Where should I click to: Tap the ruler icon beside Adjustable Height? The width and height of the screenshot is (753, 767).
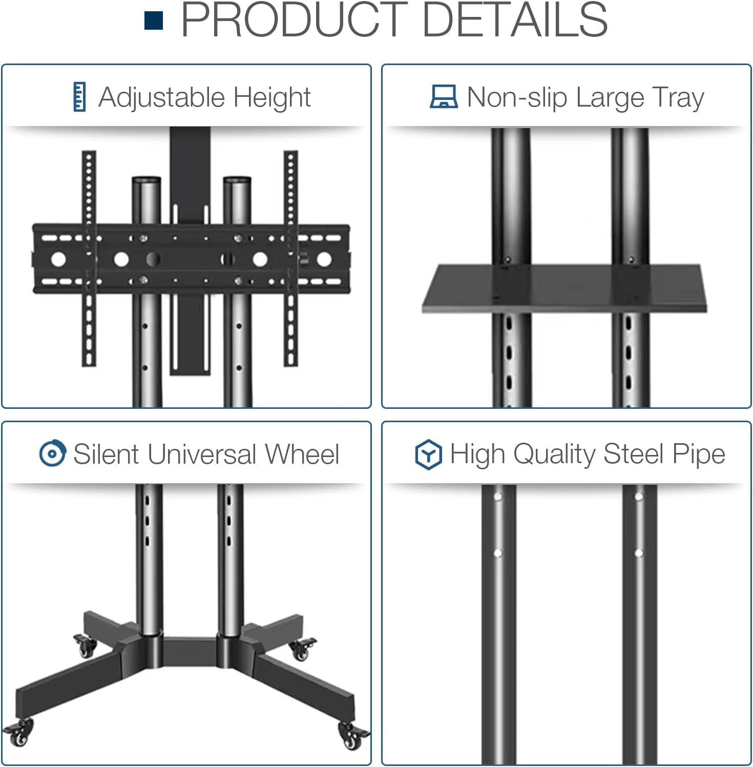click(x=79, y=96)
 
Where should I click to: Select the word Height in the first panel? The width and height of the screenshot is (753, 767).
click(x=272, y=97)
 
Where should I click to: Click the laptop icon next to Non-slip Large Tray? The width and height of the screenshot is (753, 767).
click(x=444, y=96)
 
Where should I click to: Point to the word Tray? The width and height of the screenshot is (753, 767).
click(x=679, y=97)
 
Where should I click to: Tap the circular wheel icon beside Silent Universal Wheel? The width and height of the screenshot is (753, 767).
click(x=52, y=453)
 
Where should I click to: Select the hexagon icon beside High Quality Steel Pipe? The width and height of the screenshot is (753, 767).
click(x=428, y=454)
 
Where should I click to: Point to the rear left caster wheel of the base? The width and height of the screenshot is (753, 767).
click(x=85, y=646)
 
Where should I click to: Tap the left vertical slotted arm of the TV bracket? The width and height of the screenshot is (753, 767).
click(x=89, y=258)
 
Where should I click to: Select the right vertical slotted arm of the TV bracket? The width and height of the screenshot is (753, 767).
click(x=291, y=258)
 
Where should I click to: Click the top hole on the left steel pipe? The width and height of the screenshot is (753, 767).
click(x=497, y=497)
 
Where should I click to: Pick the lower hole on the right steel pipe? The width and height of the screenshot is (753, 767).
click(x=638, y=553)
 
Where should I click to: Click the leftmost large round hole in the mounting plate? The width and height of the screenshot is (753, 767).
click(x=58, y=259)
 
